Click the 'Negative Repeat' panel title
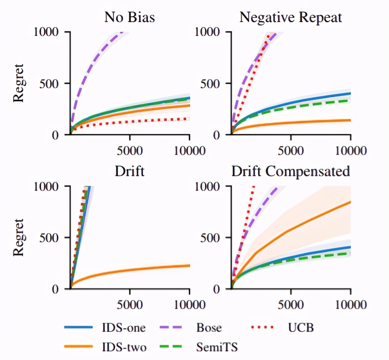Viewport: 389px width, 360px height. pos(291,18)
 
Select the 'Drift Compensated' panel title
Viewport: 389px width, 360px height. pos(291,171)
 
